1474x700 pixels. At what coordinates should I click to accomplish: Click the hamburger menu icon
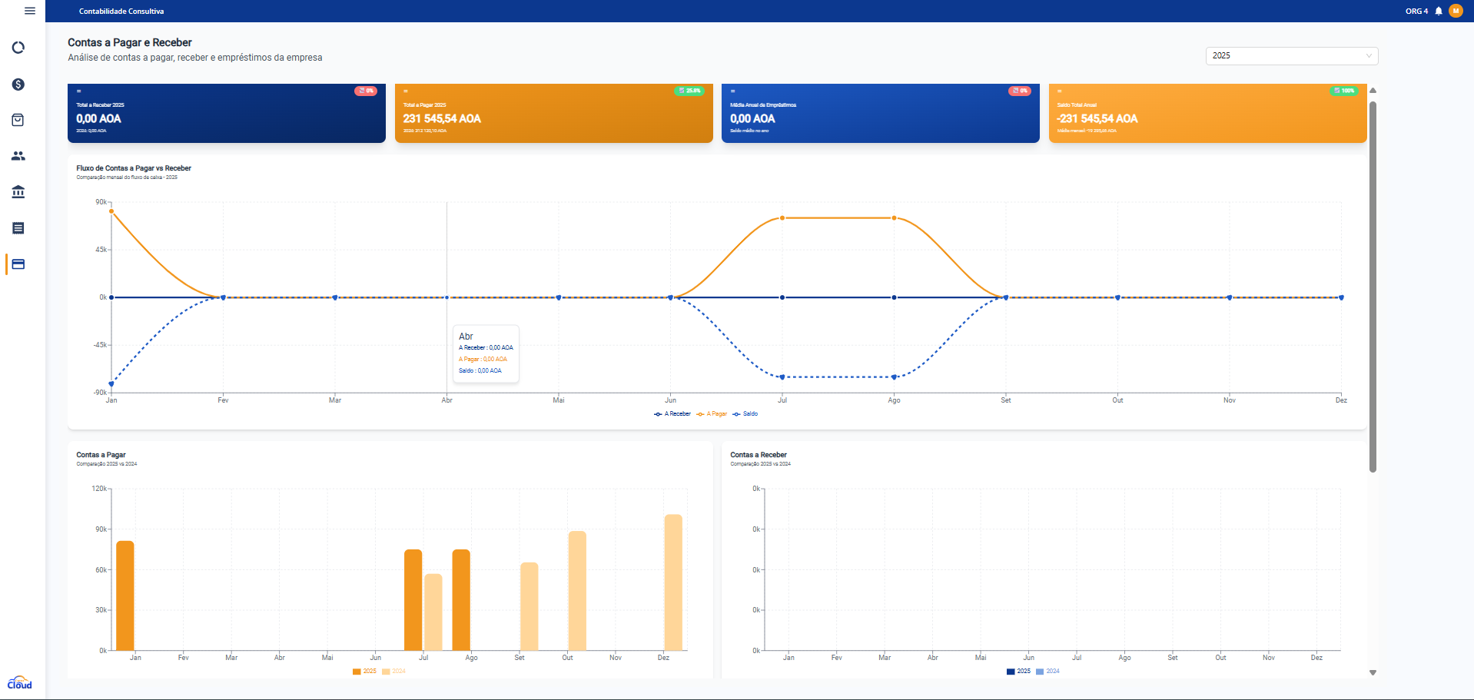click(30, 11)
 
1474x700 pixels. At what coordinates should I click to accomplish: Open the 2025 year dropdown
click(1291, 55)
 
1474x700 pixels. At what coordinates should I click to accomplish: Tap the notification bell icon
click(1439, 11)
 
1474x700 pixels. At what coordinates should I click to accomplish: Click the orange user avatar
click(1456, 11)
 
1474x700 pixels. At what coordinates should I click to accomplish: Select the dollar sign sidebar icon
click(18, 85)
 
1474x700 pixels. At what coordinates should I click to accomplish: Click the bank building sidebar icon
click(18, 192)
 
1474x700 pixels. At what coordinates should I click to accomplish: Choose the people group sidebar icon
click(18, 156)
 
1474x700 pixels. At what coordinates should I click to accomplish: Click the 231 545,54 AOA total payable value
click(442, 118)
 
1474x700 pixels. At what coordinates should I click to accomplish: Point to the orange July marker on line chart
click(782, 218)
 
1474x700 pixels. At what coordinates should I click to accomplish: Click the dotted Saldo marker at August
click(894, 377)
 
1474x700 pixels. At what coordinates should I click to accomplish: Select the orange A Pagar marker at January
click(111, 211)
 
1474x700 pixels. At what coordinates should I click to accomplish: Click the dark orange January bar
click(125, 595)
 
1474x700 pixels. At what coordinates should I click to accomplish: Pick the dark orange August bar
click(461, 599)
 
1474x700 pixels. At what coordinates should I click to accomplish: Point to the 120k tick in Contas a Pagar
click(100, 489)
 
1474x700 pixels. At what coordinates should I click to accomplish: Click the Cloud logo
click(19, 682)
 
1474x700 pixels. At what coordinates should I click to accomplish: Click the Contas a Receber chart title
click(759, 455)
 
